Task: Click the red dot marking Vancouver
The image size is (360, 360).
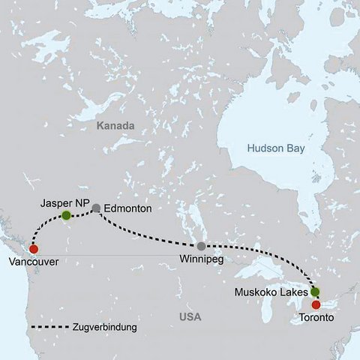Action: coord(33,248)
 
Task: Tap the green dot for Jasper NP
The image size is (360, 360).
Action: coord(66,215)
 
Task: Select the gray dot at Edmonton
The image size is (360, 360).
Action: coord(96,208)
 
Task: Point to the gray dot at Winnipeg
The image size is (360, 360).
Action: coord(201,246)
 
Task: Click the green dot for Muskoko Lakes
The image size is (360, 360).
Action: coord(315,291)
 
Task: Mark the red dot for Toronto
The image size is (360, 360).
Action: coord(316,304)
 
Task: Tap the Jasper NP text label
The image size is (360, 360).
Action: coord(65,203)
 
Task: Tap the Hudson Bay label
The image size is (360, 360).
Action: coord(277,149)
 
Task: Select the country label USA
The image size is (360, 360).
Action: coord(190,319)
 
